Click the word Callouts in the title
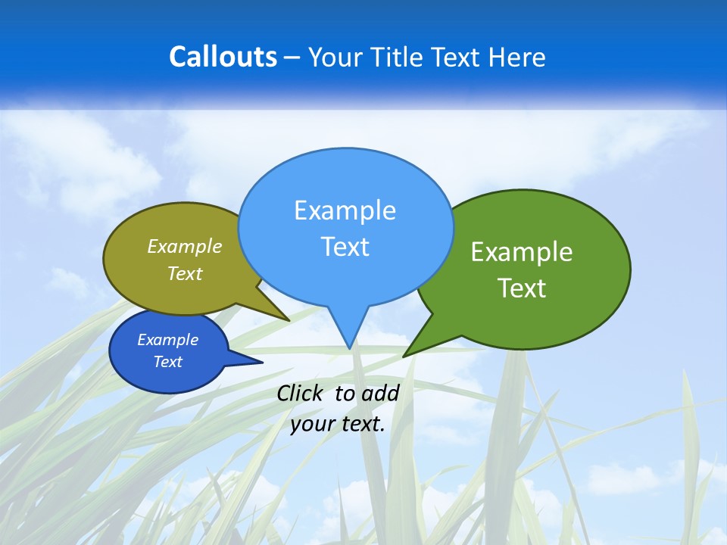coord(223,58)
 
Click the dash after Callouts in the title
coord(292,58)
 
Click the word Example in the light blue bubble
coord(345,210)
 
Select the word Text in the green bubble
coord(523,288)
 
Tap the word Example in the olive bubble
coord(185,247)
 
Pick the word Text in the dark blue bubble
coord(168,362)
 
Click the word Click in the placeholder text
coord(300,393)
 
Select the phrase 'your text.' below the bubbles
coord(338,424)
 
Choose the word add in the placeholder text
coord(380,393)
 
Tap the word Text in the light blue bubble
coord(345,247)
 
